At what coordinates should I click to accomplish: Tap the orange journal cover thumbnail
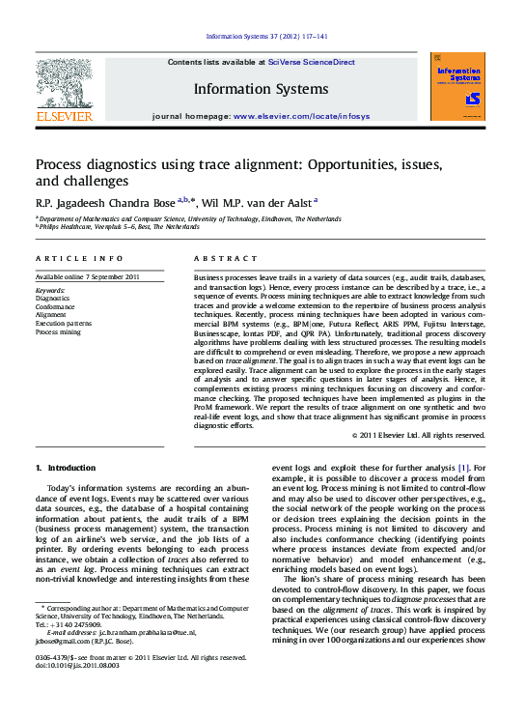click(x=456, y=86)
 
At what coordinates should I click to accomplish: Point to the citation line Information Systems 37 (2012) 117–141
click(x=267, y=38)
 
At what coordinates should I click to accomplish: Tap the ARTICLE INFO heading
click(x=79, y=259)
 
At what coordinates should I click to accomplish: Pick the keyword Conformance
click(x=58, y=306)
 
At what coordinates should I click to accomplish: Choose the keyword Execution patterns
click(x=65, y=323)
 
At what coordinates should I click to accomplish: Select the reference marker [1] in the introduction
click(x=463, y=467)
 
